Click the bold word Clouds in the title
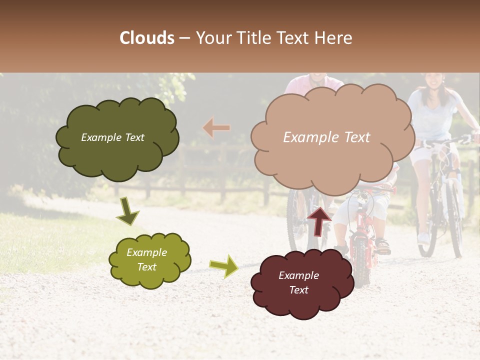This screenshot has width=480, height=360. coord(147,38)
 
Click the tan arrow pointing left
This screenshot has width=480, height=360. coord(216,128)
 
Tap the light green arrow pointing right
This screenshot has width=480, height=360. coord(223,266)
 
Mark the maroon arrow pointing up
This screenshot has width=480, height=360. coord(319,220)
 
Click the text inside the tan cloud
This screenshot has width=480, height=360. coord(326,137)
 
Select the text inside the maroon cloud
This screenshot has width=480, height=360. coord(298,282)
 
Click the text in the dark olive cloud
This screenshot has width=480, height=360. coord(112,137)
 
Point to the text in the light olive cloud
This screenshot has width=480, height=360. coord(146,259)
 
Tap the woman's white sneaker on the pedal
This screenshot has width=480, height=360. coord(423,237)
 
